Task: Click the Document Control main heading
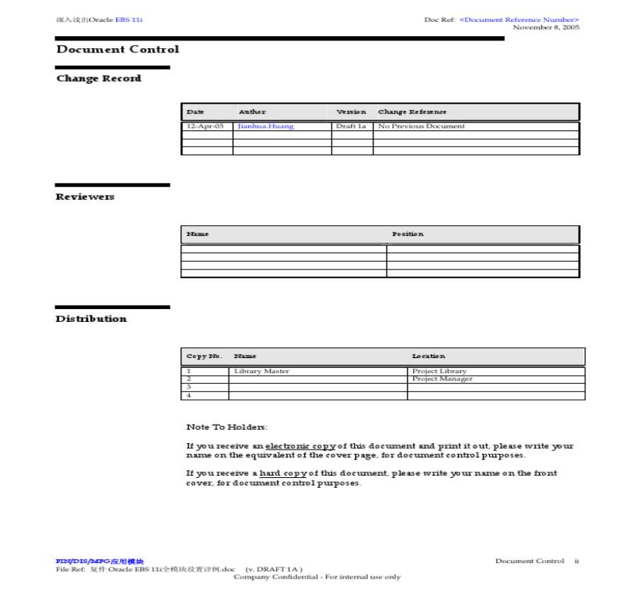(x=118, y=50)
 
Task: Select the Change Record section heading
(x=99, y=79)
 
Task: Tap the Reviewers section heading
(x=85, y=197)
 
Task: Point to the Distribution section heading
(x=91, y=319)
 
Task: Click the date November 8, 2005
(x=546, y=28)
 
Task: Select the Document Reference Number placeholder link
(x=519, y=20)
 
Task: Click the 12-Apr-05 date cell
(x=205, y=126)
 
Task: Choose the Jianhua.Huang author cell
(x=266, y=126)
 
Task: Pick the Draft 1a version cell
(x=351, y=126)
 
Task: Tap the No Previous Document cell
(x=422, y=126)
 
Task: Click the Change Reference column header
(x=413, y=112)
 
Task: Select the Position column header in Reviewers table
(x=408, y=234)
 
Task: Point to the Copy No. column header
(x=204, y=356)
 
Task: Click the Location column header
(x=429, y=356)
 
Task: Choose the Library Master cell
(x=262, y=372)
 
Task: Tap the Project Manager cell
(x=443, y=379)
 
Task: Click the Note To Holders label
(x=227, y=428)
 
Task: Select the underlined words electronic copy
(x=301, y=447)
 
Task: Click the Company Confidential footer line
(x=317, y=577)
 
